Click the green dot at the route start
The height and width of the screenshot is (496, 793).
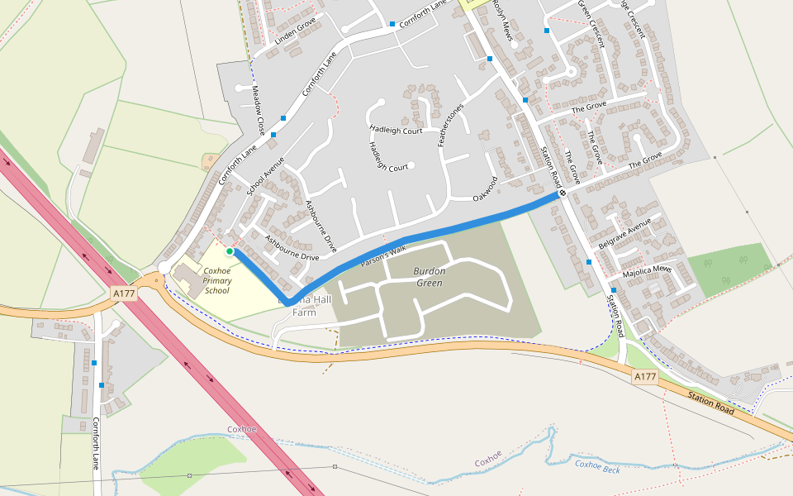click(x=230, y=250)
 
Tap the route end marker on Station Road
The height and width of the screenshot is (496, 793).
click(x=562, y=193)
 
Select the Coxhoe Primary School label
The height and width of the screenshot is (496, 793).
click(x=216, y=280)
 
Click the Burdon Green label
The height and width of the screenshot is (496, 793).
click(x=429, y=277)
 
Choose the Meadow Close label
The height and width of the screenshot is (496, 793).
click(x=259, y=111)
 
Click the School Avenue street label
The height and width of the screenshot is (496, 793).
click(x=265, y=176)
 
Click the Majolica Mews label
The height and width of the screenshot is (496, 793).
click(x=648, y=269)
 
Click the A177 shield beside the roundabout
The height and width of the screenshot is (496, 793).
click(x=123, y=293)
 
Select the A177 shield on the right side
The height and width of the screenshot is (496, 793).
click(x=645, y=377)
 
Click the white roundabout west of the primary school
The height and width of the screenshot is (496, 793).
click(x=164, y=266)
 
